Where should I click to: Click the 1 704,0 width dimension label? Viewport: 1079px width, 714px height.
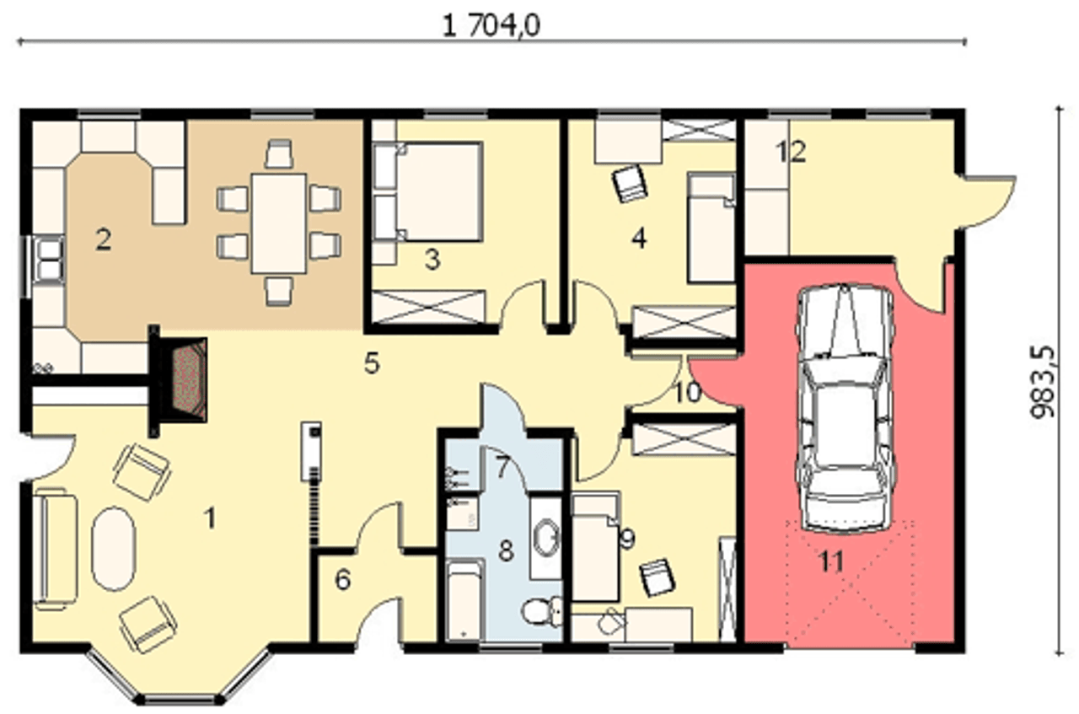(x=491, y=25)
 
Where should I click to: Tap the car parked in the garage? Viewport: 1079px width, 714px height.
(x=845, y=409)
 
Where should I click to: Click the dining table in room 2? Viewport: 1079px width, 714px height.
(x=279, y=223)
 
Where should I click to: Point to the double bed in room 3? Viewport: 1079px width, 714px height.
(x=427, y=191)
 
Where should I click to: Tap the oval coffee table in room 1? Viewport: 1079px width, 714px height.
(x=114, y=548)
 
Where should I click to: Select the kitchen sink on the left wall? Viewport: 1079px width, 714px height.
(x=50, y=260)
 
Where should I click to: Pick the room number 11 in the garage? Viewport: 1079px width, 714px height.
(x=831, y=561)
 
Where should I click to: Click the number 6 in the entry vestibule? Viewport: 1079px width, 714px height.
(x=342, y=580)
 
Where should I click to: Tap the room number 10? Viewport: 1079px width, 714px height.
(x=688, y=393)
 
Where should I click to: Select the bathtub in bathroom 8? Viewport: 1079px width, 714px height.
(x=464, y=601)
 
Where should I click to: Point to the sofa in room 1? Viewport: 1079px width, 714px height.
(x=56, y=550)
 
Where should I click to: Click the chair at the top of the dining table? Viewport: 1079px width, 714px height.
(x=279, y=153)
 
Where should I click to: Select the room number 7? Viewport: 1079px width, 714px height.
(x=502, y=467)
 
